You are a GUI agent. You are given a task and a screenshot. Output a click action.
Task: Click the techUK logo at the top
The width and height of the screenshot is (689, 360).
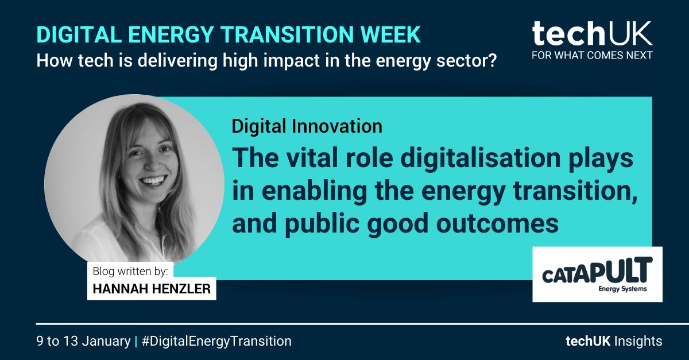(x=592, y=34)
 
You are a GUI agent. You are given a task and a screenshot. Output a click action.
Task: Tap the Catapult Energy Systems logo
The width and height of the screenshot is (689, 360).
(x=597, y=274)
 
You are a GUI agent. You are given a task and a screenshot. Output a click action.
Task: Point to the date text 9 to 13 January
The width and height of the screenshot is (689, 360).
(x=83, y=341)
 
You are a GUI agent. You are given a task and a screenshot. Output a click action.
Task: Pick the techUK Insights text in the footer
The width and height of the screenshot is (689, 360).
(x=613, y=341)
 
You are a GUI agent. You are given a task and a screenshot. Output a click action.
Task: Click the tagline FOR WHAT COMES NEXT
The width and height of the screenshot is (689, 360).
(x=592, y=56)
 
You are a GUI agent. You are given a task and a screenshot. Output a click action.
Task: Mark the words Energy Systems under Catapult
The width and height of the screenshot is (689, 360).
(x=622, y=289)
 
